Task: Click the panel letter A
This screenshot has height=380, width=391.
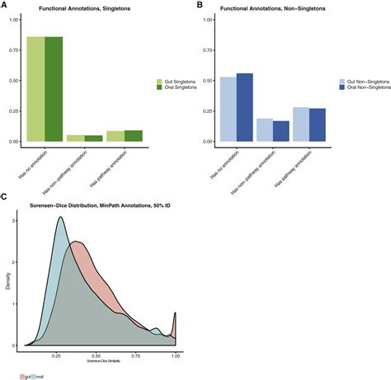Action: [x=4, y=5]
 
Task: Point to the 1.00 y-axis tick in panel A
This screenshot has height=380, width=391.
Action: [x=14, y=19]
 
